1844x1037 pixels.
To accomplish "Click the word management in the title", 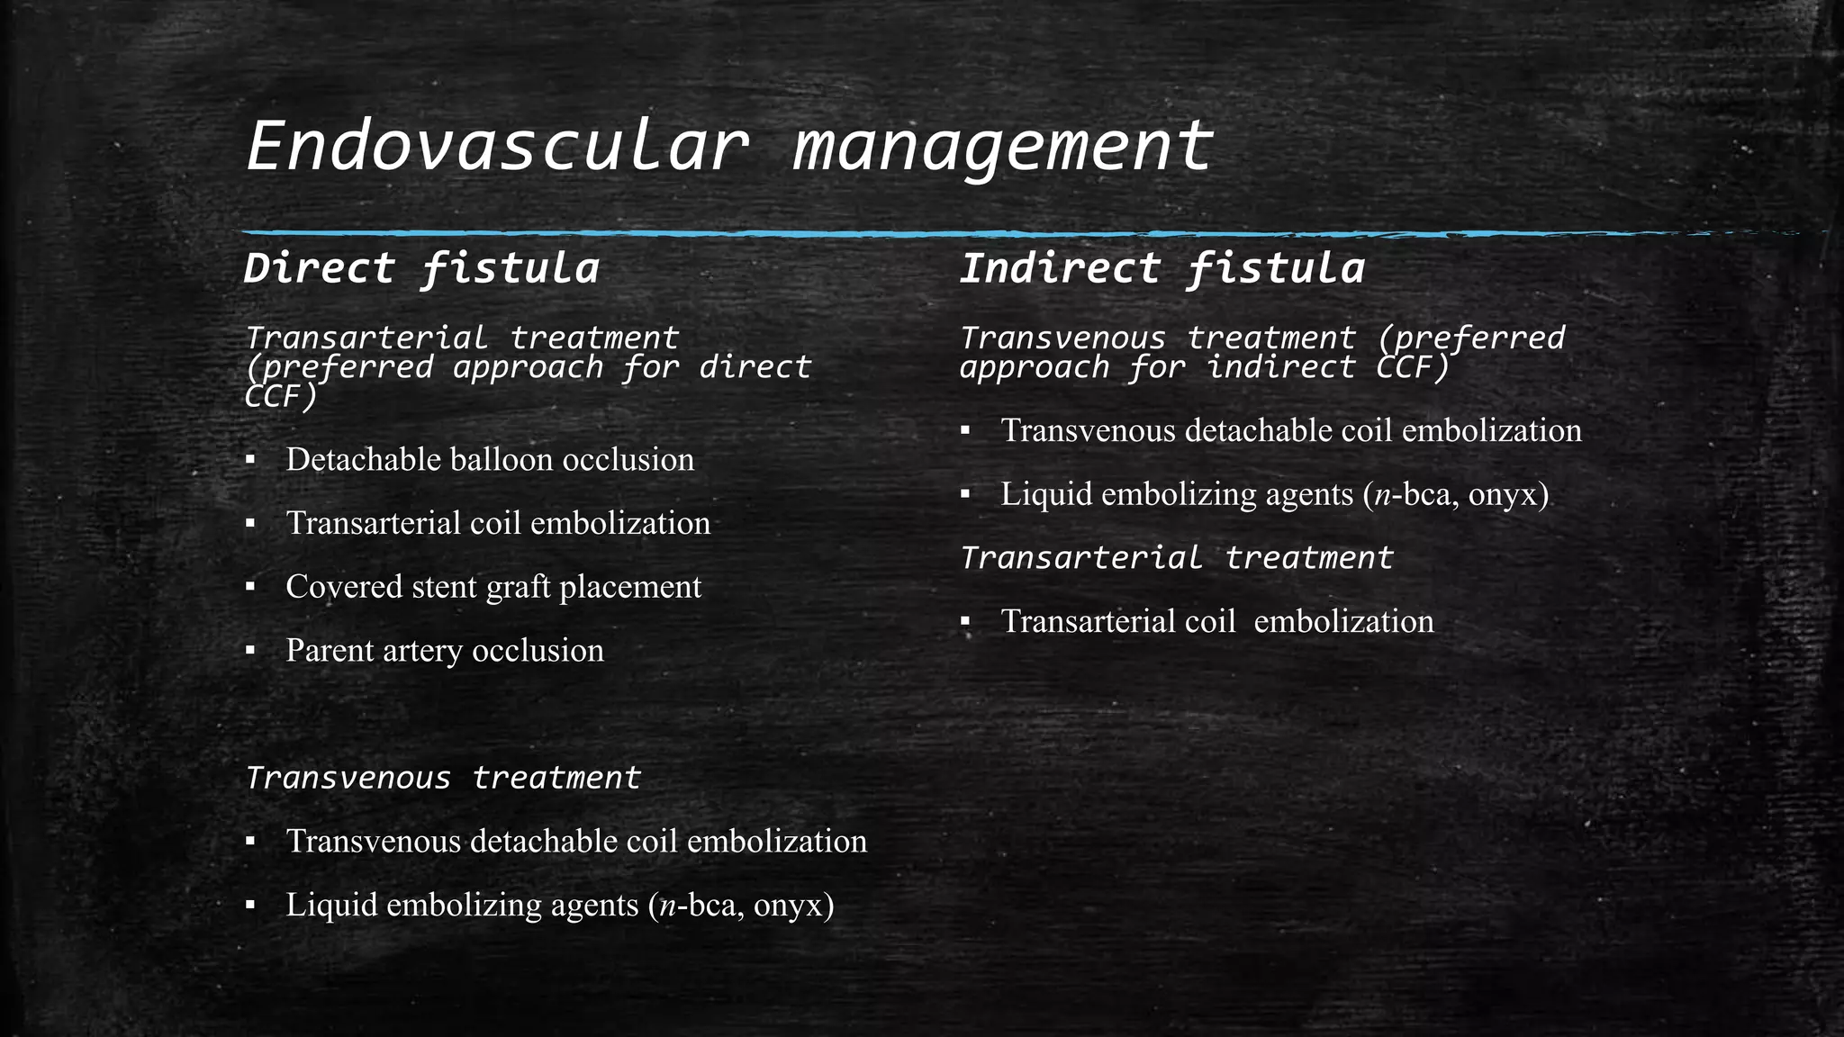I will pyautogui.click(x=1003, y=147).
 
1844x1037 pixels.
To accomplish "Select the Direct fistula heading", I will pyautogui.click(x=421, y=269).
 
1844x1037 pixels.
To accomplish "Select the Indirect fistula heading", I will pyautogui.click(x=1162, y=269).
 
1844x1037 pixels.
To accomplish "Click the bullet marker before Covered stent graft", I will pyautogui.click(x=250, y=588).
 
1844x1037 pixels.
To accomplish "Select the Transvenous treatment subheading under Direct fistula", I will pyautogui.click(x=442, y=778).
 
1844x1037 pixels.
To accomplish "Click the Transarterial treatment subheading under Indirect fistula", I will pyautogui.click(x=1176, y=558).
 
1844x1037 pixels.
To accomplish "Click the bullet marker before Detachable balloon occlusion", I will pyautogui.click(x=250, y=461).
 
